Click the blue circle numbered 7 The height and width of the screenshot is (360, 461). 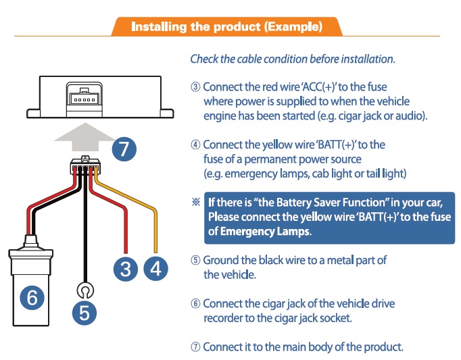pyautogui.click(x=124, y=149)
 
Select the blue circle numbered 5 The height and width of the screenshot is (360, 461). pyautogui.click(x=84, y=312)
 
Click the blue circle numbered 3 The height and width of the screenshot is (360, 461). pyautogui.click(x=126, y=269)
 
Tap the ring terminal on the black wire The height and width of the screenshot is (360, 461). pyautogui.click(x=84, y=291)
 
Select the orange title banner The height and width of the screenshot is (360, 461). pyautogui.click(x=226, y=27)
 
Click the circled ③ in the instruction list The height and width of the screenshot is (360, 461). pyautogui.click(x=195, y=87)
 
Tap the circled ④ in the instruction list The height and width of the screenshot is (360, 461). pyautogui.click(x=195, y=145)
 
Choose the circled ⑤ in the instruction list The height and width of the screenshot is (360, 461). pyautogui.click(x=195, y=260)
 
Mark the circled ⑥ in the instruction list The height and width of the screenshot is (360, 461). pyautogui.click(x=195, y=304)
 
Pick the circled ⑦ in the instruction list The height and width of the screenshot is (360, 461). pyautogui.click(x=195, y=347)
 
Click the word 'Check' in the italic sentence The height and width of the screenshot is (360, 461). pyautogui.click(x=205, y=59)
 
